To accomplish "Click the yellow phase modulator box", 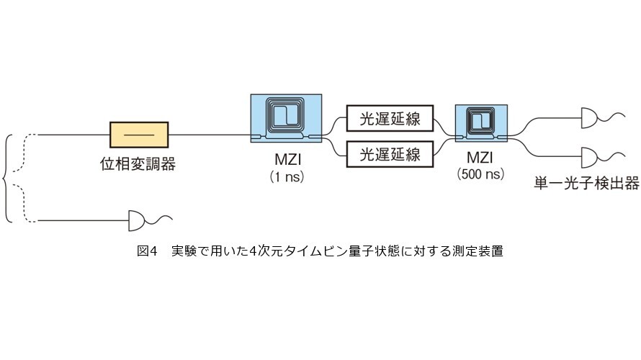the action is point(139,135).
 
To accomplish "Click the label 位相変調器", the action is point(138,164).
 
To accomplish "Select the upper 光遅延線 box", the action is point(390,119).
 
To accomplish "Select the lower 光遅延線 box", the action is point(390,154).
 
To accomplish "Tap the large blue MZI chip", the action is point(286,118).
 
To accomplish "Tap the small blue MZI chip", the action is point(481,123).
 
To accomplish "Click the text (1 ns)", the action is point(287,176).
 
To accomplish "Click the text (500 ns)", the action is point(480,174).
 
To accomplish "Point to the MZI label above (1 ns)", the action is point(288,159).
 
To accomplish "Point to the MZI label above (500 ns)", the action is point(480,158).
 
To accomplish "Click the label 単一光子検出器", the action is point(586,183).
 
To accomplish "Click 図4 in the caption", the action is point(147,251).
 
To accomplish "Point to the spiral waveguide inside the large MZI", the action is point(285,114).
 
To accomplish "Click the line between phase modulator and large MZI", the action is point(210,135).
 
